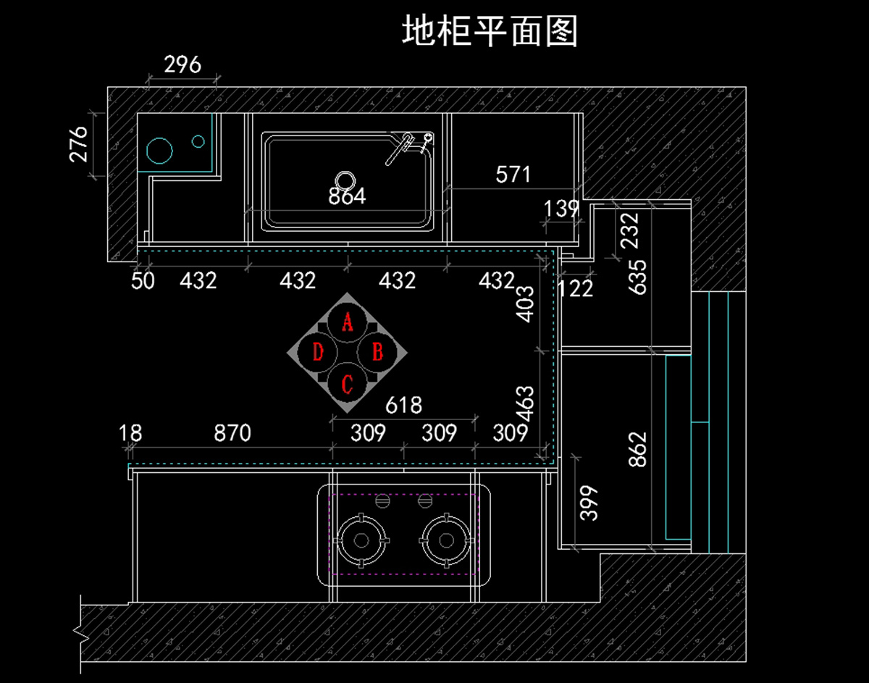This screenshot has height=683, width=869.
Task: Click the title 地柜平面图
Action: tap(490, 31)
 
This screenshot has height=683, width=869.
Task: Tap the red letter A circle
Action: tap(348, 322)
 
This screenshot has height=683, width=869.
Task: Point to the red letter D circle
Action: tap(317, 353)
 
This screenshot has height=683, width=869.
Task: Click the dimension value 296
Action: tap(182, 65)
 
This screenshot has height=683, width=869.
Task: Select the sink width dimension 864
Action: tap(347, 196)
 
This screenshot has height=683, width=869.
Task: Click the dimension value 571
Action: tap(513, 175)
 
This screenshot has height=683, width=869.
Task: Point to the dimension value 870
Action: tap(232, 433)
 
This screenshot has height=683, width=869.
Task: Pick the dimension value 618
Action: tap(403, 405)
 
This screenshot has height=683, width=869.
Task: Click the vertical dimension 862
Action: tap(638, 449)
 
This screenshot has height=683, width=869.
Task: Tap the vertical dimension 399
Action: tap(590, 503)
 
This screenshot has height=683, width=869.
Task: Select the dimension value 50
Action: tap(143, 280)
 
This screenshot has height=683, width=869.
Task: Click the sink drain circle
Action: tap(345, 179)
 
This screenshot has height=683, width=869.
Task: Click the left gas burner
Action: tap(361, 540)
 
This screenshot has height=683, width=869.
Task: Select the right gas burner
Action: tap(445, 540)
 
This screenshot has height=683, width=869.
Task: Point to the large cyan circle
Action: tap(159, 150)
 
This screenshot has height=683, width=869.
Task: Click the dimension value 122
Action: tap(576, 288)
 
